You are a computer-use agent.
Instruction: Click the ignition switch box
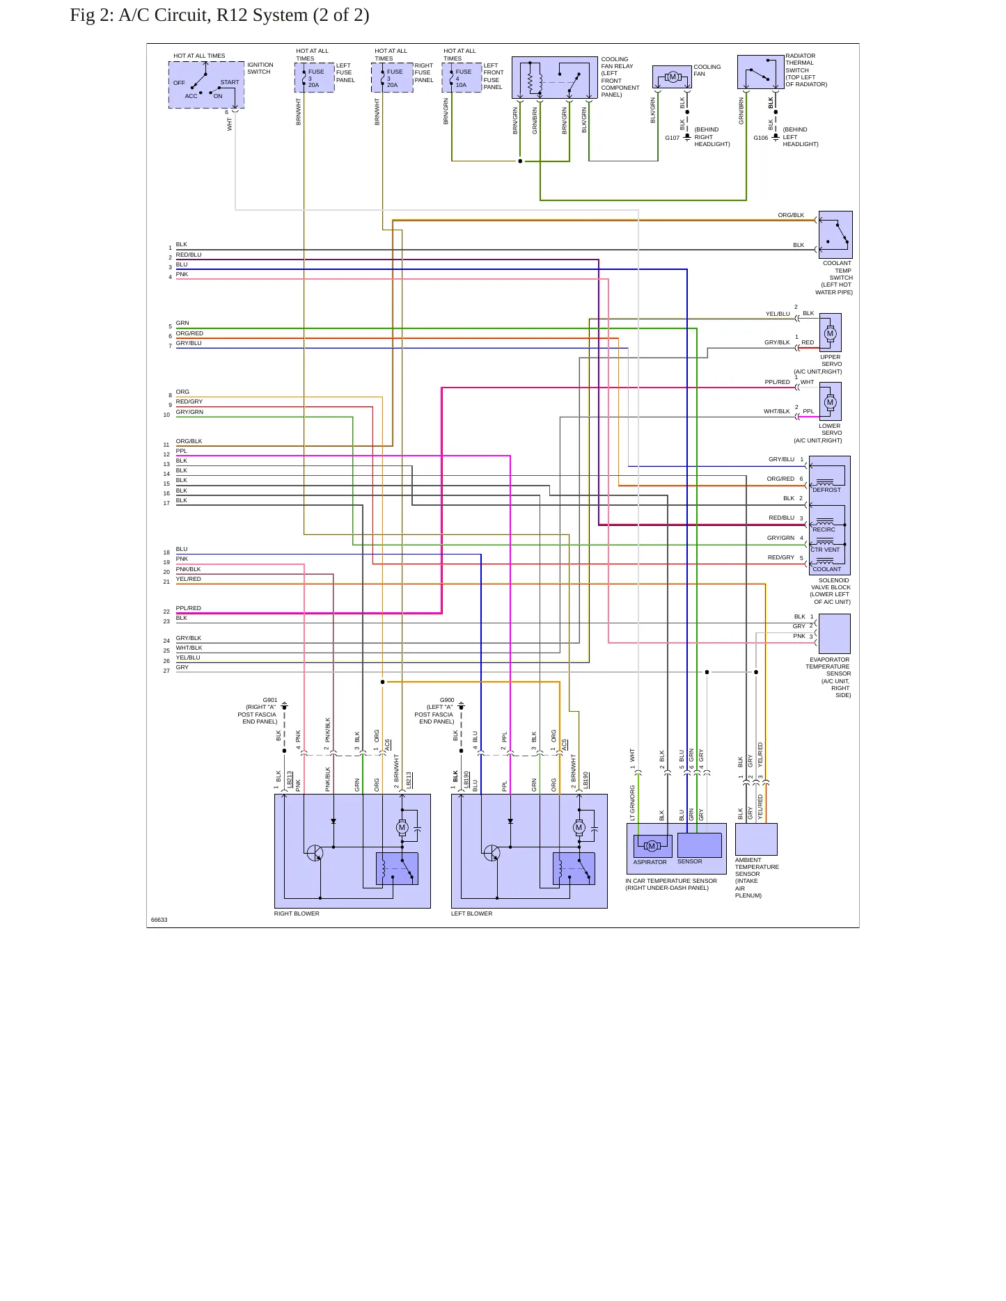(206, 85)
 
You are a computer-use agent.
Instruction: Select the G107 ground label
(672, 138)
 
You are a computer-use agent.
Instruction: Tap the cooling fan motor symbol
(673, 77)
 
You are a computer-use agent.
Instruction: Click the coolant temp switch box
(835, 234)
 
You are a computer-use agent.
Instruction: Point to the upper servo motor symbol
(830, 333)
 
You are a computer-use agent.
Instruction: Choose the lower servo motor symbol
(830, 402)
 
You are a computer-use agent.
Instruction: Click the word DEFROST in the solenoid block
(826, 490)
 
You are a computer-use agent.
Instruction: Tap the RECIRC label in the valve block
(824, 529)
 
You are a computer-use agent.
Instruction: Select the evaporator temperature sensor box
(835, 634)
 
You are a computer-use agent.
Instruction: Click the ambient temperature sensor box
(756, 840)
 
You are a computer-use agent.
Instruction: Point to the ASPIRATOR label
(650, 862)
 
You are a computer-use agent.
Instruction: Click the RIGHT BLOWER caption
(297, 913)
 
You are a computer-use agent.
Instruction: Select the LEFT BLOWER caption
(471, 913)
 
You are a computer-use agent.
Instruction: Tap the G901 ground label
(270, 701)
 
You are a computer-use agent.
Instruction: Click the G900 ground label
(447, 701)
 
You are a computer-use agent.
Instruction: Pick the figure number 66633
(159, 920)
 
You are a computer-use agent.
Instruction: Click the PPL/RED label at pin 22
(188, 608)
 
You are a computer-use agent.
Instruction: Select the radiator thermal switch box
(761, 72)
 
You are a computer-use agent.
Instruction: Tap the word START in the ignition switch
(230, 82)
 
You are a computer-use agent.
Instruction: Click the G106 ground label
(760, 138)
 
